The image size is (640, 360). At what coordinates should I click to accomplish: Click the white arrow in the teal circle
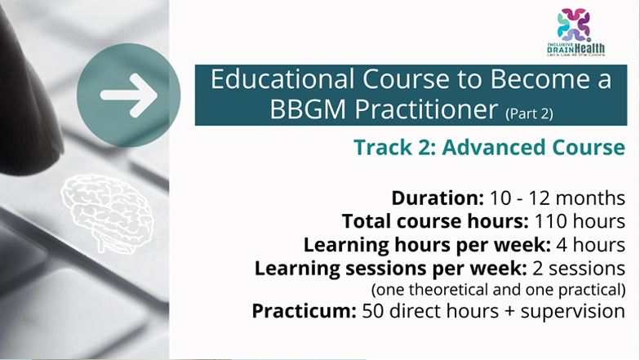[x=129, y=96]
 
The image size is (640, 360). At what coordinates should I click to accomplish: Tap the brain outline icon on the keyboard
[x=108, y=212]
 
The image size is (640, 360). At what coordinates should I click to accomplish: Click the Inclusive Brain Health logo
[x=576, y=33]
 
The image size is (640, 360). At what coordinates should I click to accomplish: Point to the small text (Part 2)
[x=529, y=113]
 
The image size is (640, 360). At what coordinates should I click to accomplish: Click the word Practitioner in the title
[x=426, y=109]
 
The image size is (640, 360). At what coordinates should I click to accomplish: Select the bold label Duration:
[x=438, y=198]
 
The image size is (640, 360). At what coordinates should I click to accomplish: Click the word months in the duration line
[x=590, y=198]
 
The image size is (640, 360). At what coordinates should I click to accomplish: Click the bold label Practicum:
[x=304, y=311]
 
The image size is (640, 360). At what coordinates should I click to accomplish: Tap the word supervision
[x=573, y=312]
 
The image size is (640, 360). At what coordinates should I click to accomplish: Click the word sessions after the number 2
[x=586, y=269]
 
